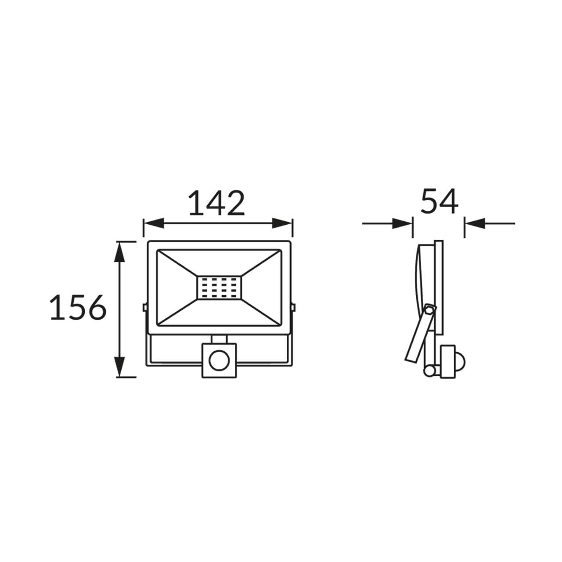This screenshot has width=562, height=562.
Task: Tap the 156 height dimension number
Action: [78, 307]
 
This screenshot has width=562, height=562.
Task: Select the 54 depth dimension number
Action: [439, 201]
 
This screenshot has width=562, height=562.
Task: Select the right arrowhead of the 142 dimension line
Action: [282, 223]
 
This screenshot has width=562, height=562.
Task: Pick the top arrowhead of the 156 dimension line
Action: [120, 252]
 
